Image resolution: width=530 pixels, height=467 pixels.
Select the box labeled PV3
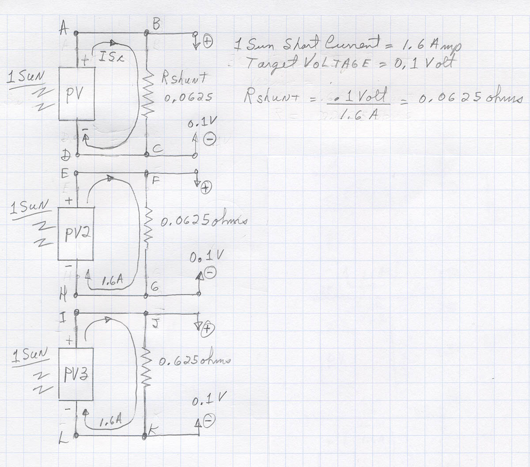tap(76, 375)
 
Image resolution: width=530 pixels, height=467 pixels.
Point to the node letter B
tap(156, 25)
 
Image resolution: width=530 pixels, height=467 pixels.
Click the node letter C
tap(158, 150)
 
